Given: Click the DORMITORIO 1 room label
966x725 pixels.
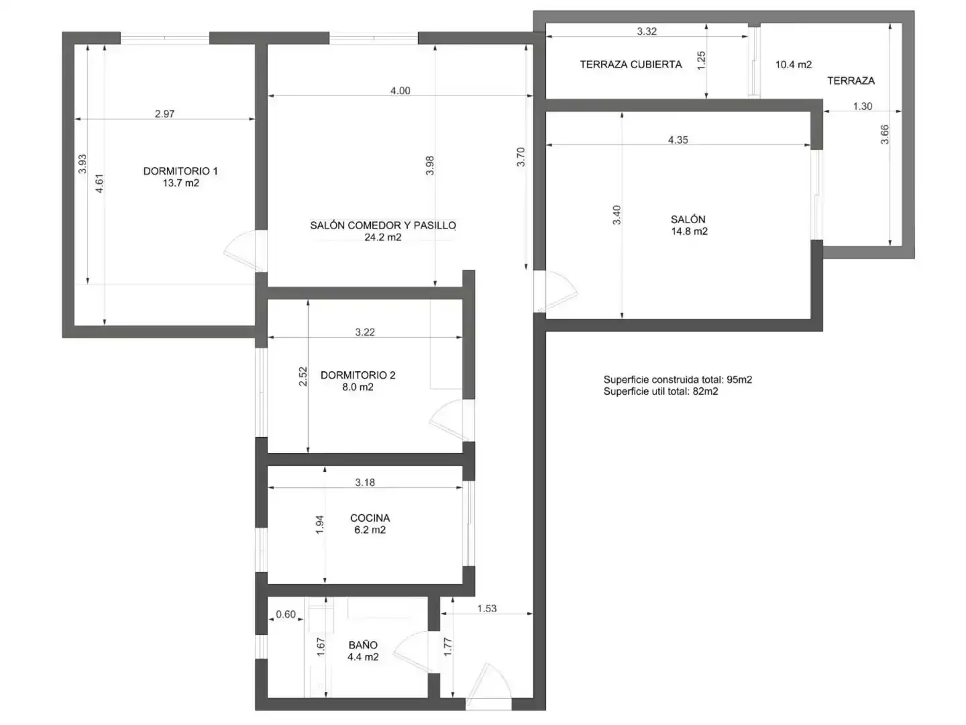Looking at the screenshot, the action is (x=180, y=171).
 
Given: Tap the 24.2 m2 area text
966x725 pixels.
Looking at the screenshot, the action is (x=382, y=237).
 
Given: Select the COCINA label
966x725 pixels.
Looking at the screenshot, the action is (x=370, y=518).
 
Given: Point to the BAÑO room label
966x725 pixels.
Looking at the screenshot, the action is (x=363, y=644).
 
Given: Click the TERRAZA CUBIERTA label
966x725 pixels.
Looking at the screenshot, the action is (x=631, y=64).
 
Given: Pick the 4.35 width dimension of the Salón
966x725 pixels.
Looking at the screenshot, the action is (x=678, y=140).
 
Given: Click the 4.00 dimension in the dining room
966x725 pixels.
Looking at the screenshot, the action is (x=400, y=91).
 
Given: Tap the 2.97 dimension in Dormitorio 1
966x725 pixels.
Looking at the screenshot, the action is (x=164, y=113).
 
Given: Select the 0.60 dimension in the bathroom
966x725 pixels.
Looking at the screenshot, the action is (x=286, y=614).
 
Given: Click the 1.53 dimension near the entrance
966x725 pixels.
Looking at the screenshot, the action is (x=487, y=608).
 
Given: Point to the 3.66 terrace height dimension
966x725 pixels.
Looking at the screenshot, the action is (x=885, y=135).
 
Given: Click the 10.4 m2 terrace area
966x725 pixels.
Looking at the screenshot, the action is (x=794, y=64).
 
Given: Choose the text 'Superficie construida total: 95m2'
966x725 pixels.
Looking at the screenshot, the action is (x=678, y=379).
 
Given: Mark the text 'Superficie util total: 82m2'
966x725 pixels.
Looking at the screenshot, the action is (x=661, y=391).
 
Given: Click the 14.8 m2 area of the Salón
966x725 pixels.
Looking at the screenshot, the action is (x=689, y=231).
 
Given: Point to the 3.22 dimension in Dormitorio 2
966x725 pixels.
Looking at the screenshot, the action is (x=365, y=332).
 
